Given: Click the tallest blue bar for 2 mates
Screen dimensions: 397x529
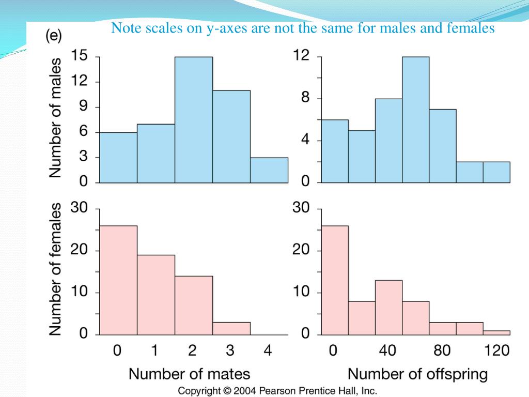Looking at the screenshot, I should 193,119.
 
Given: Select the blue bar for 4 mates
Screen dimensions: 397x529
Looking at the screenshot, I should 269,170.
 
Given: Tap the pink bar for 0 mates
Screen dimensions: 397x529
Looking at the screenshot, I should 118,280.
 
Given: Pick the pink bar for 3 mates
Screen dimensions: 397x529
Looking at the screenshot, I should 231,328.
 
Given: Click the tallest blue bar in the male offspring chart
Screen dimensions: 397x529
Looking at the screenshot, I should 415,119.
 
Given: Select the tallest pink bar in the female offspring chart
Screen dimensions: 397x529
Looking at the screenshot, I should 335,280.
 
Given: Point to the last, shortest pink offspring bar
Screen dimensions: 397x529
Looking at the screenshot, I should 496,332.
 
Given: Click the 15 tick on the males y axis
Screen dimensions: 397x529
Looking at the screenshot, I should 80,56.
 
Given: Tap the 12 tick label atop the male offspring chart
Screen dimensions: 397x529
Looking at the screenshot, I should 301,56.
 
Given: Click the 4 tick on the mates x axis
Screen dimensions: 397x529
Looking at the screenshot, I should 268,351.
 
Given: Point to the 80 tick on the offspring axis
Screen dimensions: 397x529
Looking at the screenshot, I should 442,351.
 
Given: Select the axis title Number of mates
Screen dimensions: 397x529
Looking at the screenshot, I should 189,374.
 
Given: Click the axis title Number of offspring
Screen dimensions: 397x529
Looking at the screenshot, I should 417,374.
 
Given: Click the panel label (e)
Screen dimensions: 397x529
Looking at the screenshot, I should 53,36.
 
